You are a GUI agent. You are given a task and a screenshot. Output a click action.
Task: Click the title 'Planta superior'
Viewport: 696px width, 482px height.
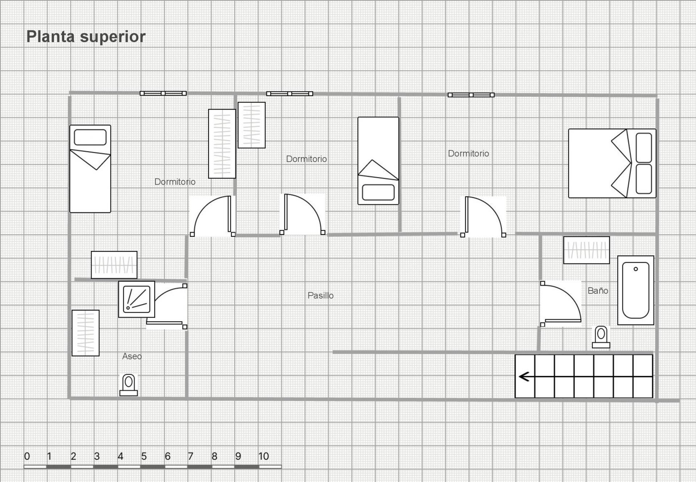pyautogui.click(x=86, y=37)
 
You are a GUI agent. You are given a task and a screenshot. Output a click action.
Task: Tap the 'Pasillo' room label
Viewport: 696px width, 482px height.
pyautogui.click(x=320, y=296)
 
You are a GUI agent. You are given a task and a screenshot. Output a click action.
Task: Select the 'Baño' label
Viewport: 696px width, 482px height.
pyautogui.click(x=598, y=291)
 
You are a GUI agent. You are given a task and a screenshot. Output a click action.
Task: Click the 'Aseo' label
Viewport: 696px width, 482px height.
pyautogui.click(x=132, y=356)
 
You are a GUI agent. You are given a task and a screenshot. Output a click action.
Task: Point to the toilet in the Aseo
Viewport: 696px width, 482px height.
pyautogui.click(x=129, y=385)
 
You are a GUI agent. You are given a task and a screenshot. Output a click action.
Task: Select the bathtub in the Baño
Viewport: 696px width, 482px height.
pyautogui.click(x=636, y=290)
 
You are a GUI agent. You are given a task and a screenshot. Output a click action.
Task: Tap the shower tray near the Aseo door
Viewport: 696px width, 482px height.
pyautogui.click(x=137, y=299)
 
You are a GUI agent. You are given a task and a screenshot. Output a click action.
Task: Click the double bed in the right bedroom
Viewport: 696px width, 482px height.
pyautogui.click(x=612, y=163)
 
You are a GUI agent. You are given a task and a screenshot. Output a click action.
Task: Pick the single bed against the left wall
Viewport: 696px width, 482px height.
pyautogui.click(x=90, y=169)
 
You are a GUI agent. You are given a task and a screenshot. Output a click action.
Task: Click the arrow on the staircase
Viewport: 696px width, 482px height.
pyautogui.click(x=524, y=377)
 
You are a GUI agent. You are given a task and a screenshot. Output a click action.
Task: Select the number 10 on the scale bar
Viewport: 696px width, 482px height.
pyautogui.click(x=264, y=456)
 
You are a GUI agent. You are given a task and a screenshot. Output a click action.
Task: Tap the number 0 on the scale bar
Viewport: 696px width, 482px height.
pyautogui.click(x=27, y=456)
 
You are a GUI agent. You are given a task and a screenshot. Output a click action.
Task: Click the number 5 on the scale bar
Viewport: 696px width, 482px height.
pyautogui.click(x=144, y=456)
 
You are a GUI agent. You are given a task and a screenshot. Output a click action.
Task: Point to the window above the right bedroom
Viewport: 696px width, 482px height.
pyautogui.click(x=471, y=95)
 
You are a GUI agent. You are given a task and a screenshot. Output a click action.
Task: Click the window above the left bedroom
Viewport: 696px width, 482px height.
pyautogui.click(x=163, y=93)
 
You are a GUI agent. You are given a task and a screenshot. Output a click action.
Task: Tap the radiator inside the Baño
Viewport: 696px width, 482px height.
pyautogui.click(x=587, y=250)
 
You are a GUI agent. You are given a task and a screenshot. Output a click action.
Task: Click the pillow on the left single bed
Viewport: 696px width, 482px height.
pyautogui.click(x=90, y=137)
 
